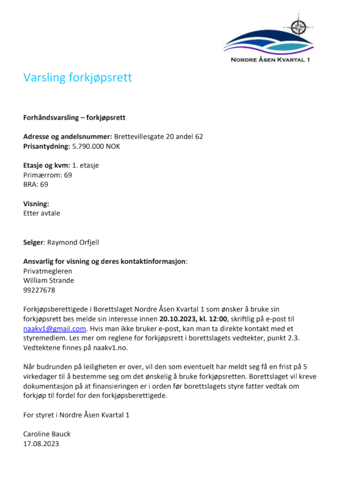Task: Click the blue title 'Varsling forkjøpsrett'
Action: click(78, 78)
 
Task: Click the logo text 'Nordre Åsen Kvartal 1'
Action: click(270, 60)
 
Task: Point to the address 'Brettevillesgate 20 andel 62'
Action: click(159, 137)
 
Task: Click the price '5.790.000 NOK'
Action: click(96, 146)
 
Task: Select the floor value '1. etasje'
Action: click(85, 165)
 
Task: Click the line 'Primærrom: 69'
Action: click(47, 175)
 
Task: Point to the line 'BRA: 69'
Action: click(36, 184)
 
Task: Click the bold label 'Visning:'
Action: click(36, 204)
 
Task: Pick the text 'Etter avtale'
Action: click(41, 213)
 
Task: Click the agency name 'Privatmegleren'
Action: click(47, 271)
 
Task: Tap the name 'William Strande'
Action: click(49, 280)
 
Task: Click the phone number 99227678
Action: click(39, 290)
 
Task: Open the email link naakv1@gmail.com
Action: click(55, 329)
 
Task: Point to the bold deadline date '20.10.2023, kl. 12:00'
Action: click(193, 319)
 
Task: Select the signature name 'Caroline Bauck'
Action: click(47, 434)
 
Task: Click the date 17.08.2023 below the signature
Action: click(41, 444)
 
